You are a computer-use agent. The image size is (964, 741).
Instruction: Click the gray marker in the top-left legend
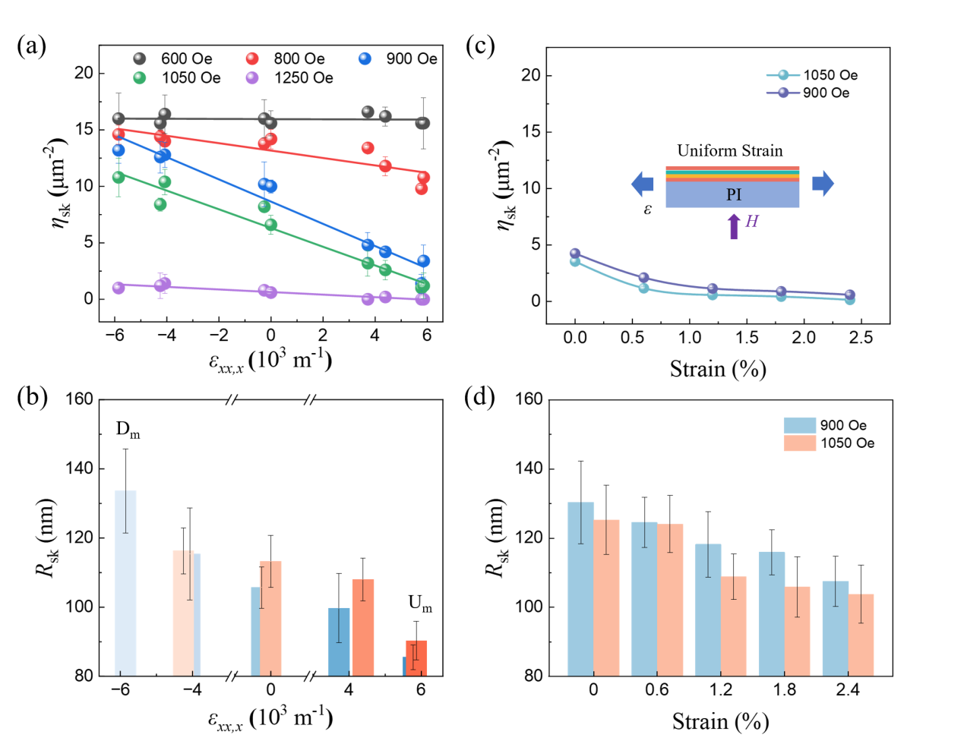click(x=140, y=58)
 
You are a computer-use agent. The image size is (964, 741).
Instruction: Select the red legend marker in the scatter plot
click(x=252, y=58)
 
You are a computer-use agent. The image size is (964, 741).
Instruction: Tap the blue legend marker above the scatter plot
click(x=365, y=58)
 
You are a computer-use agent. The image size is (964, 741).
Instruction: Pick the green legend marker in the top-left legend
click(x=140, y=77)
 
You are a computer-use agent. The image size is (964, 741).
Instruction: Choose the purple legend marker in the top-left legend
click(x=252, y=77)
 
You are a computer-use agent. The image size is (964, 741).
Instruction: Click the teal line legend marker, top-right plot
click(x=783, y=75)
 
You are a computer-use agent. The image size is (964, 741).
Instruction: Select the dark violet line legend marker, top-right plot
click(x=783, y=93)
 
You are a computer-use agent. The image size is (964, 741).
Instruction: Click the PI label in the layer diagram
click(x=733, y=195)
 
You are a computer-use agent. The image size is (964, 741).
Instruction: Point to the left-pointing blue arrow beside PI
click(x=642, y=184)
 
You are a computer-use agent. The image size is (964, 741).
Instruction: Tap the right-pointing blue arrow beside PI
click(x=823, y=184)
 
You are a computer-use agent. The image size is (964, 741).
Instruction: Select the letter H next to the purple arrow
click(x=751, y=222)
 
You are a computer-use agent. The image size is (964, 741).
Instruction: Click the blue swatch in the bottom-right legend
click(x=800, y=425)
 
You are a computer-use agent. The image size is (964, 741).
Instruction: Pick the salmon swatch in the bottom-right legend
click(x=800, y=443)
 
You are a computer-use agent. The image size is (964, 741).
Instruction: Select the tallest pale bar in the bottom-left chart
click(x=125, y=582)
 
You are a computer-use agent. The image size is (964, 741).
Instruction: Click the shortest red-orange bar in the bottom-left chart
click(x=416, y=657)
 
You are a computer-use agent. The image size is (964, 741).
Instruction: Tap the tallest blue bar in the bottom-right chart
click(x=580, y=588)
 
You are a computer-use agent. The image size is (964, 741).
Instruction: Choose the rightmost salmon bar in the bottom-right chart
click(x=861, y=635)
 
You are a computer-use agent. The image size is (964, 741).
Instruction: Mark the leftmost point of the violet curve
click(x=575, y=253)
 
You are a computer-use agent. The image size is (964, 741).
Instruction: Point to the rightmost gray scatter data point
click(x=423, y=123)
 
